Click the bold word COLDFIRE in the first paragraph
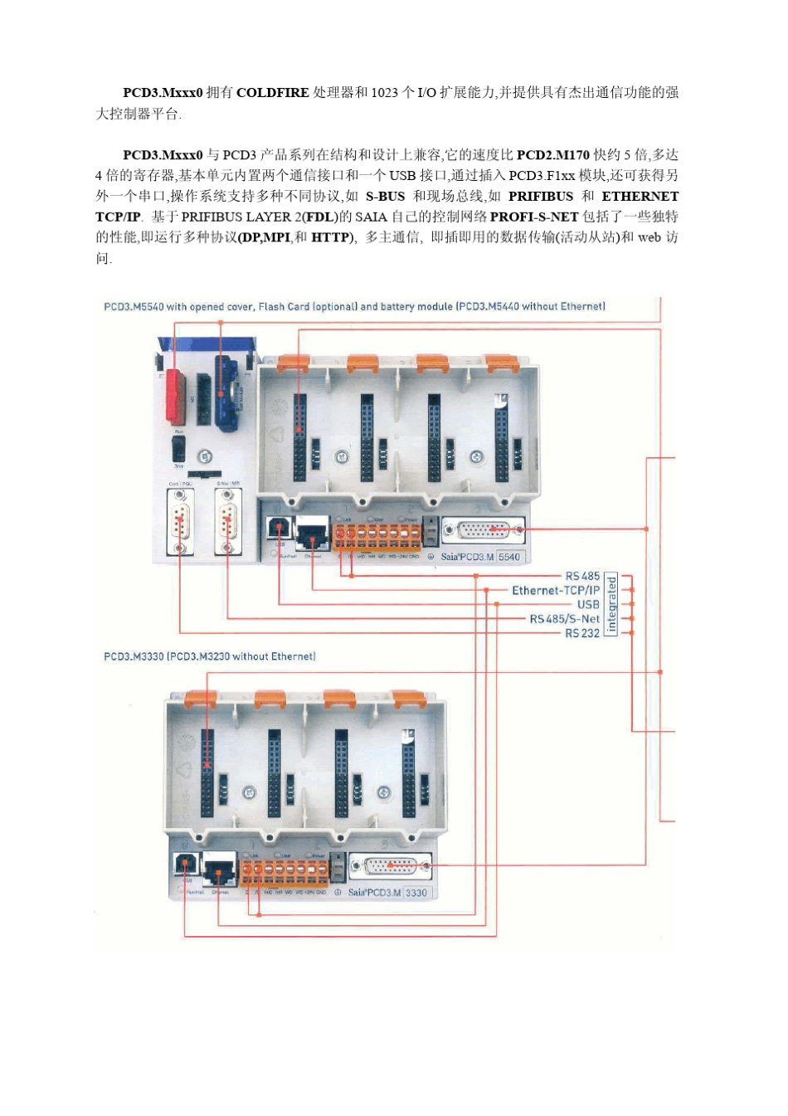(x=272, y=93)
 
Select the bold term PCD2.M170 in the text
(x=552, y=155)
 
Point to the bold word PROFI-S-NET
(x=534, y=217)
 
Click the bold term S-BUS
(x=385, y=197)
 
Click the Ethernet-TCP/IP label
(x=555, y=591)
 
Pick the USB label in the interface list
(x=588, y=605)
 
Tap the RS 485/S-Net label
(x=564, y=619)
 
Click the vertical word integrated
(x=611, y=604)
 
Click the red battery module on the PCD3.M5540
(x=175, y=396)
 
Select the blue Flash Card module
(x=226, y=392)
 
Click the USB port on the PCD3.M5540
(x=278, y=528)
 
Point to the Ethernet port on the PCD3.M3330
(x=219, y=870)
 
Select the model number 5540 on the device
(x=509, y=557)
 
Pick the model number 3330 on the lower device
(x=416, y=893)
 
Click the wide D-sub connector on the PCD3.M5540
(x=484, y=529)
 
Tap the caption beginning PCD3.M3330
(x=209, y=656)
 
